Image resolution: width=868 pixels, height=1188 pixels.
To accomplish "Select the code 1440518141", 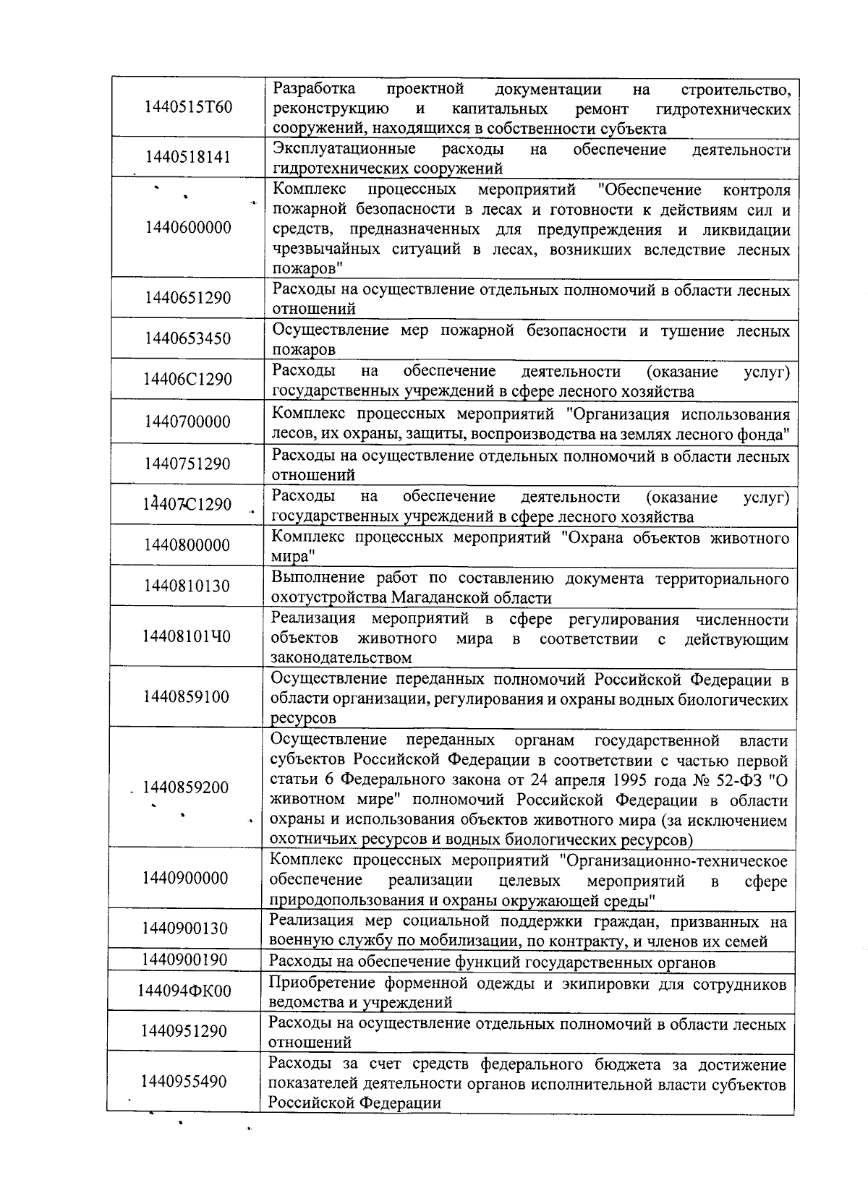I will click(188, 158).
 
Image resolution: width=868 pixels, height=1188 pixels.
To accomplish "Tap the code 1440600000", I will click(188, 228).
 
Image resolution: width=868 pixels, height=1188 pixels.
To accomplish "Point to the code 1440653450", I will click(188, 339).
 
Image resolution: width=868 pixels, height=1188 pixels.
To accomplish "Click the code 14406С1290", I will click(188, 380).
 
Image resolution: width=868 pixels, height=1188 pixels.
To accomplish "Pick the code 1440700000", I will click(187, 422).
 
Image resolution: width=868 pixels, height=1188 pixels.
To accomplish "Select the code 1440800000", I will click(187, 545).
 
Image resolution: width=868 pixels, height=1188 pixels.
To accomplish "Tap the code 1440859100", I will click(187, 697).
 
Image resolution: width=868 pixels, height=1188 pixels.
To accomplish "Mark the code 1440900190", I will click(185, 960).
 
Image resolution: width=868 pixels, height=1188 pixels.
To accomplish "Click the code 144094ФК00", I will click(184, 991).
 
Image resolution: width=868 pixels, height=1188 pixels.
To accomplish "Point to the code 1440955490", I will click(184, 1082).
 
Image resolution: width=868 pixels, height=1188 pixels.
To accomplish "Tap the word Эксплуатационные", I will click(344, 150).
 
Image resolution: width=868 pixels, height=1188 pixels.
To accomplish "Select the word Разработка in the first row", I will click(315, 90).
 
